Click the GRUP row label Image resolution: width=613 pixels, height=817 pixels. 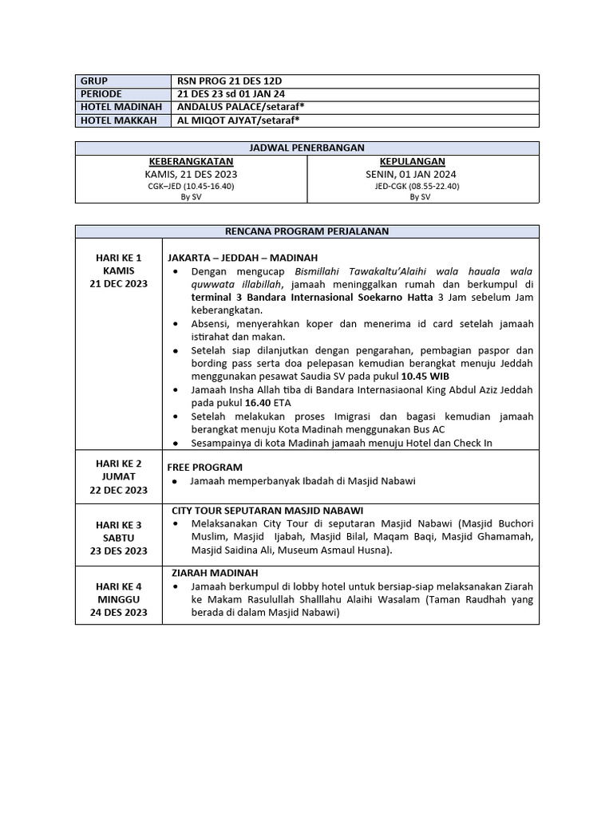94,81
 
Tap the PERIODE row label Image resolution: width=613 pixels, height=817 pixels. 101,94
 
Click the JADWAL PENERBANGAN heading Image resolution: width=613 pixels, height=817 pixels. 307,148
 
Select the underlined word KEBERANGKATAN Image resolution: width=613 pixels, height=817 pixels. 191,161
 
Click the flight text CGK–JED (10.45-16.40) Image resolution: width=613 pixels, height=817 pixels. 191,186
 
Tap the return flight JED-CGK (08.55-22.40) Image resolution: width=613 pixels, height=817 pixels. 417,186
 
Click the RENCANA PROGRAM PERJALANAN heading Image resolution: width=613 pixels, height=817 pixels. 307,231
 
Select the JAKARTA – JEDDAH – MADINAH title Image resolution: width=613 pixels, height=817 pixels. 243,258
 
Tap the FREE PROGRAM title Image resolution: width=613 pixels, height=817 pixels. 205,467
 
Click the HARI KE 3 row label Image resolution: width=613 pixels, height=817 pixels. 119,524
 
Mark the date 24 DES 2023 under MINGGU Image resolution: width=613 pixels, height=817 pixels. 119,612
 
